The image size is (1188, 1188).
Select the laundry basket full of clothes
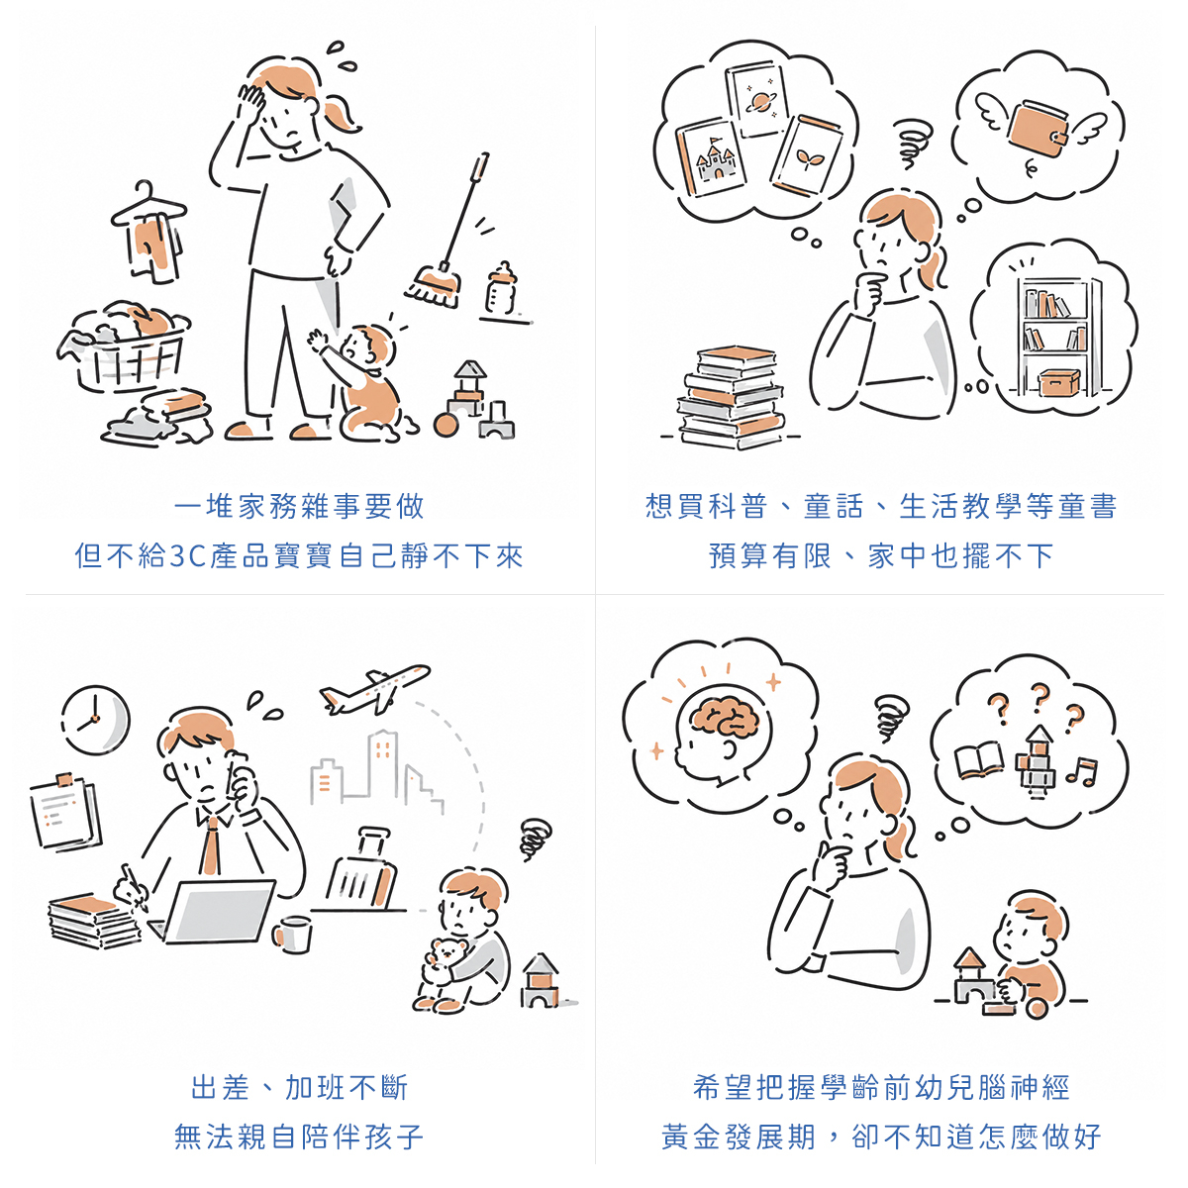click(x=124, y=346)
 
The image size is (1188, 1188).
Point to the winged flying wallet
click(x=1039, y=129)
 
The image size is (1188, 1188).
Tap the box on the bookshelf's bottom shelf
click(x=1058, y=382)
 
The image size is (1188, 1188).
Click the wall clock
click(x=96, y=720)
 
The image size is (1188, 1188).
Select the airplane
click(x=374, y=689)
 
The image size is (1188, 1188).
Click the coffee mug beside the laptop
click(x=292, y=935)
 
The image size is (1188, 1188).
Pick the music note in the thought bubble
click(x=1082, y=771)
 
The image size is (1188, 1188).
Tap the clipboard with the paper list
click(x=66, y=812)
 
